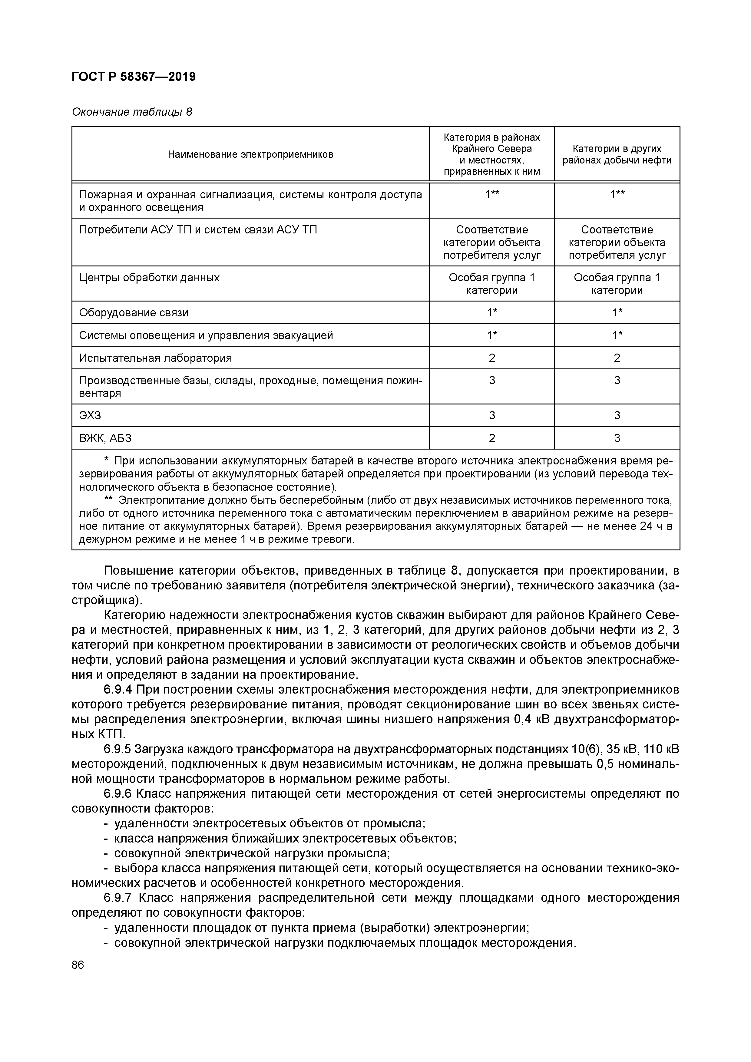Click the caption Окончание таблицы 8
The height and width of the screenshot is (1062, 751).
tap(131, 112)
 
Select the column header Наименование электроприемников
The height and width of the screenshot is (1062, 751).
tap(250, 154)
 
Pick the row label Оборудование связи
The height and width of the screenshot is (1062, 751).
tap(134, 313)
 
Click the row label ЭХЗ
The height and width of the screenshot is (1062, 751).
tap(90, 415)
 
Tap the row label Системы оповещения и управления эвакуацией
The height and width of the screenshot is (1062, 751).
tap(206, 335)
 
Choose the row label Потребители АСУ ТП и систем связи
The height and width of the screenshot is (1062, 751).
tap(198, 230)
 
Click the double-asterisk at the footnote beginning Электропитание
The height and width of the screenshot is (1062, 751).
tap(109, 500)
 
